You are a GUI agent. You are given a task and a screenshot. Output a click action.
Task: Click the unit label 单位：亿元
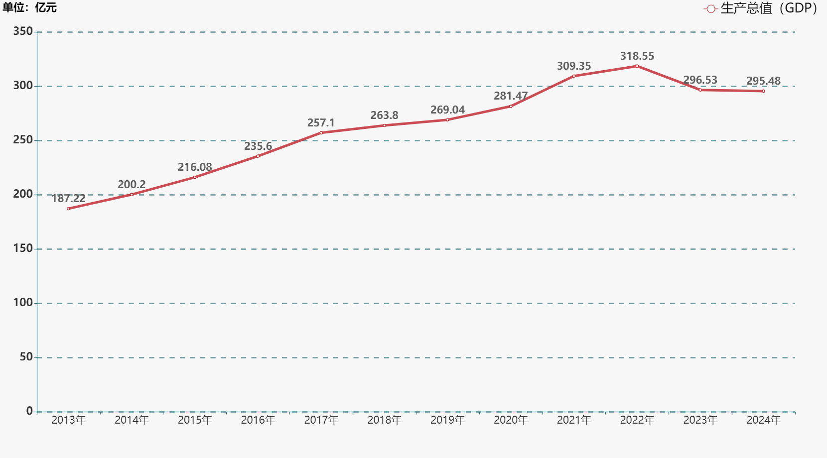coord(30,7)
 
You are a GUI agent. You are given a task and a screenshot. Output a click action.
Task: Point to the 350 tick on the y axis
coord(23,31)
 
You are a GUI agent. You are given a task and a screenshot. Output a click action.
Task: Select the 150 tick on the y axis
coord(23,248)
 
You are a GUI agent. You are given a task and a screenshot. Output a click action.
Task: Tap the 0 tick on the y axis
coord(29,411)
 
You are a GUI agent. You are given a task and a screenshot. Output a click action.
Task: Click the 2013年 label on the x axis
coord(69,420)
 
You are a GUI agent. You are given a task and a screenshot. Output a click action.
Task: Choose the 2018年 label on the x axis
coord(385,420)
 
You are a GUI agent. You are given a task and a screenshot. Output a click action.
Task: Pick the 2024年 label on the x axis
coord(764,420)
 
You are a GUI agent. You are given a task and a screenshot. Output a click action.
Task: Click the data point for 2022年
coord(637,66)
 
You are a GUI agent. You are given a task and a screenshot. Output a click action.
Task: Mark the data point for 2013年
coord(68,209)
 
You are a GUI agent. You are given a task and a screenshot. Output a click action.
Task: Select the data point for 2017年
coord(321,133)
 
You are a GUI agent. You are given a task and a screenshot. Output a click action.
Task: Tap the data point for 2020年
coord(511,107)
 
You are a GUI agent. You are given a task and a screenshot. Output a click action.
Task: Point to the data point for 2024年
coord(764,91)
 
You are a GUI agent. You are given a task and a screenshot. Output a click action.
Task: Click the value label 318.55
coord(637,56)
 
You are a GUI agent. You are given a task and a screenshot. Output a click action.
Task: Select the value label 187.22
coord(69,199)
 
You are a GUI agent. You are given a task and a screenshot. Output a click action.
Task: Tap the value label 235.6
coord(258,146)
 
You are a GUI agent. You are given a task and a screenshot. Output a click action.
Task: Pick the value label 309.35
coord(574,66)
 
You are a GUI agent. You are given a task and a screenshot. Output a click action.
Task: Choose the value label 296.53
coord(700,80)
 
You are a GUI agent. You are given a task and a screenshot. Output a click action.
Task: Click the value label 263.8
coord(385,115)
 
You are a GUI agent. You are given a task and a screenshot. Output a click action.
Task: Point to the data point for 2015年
coord(195,177)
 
